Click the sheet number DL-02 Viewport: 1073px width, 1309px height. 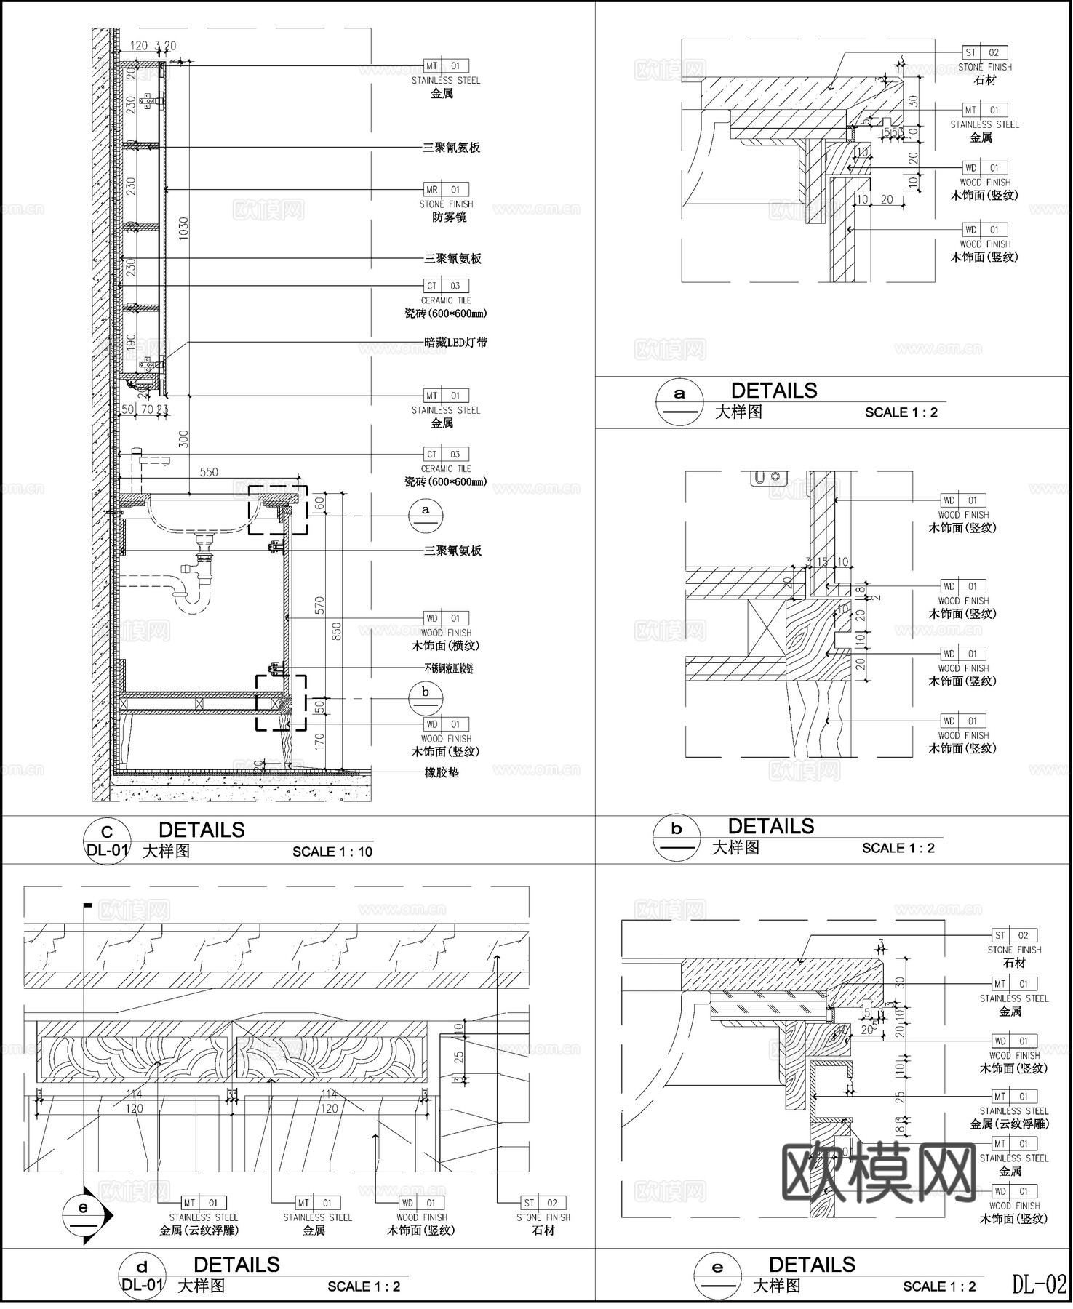1039,1284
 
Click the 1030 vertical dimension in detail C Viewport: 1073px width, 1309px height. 183,228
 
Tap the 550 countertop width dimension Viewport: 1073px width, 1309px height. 209,472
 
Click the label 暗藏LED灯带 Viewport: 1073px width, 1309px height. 456,342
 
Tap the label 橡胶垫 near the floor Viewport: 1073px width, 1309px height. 442,772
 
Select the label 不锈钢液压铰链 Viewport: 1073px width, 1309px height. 449,668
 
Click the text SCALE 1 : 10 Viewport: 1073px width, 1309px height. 332,852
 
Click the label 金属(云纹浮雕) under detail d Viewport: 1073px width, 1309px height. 199,1230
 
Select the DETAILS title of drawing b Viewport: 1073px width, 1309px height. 771,826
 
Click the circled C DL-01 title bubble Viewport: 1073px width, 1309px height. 108,841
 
